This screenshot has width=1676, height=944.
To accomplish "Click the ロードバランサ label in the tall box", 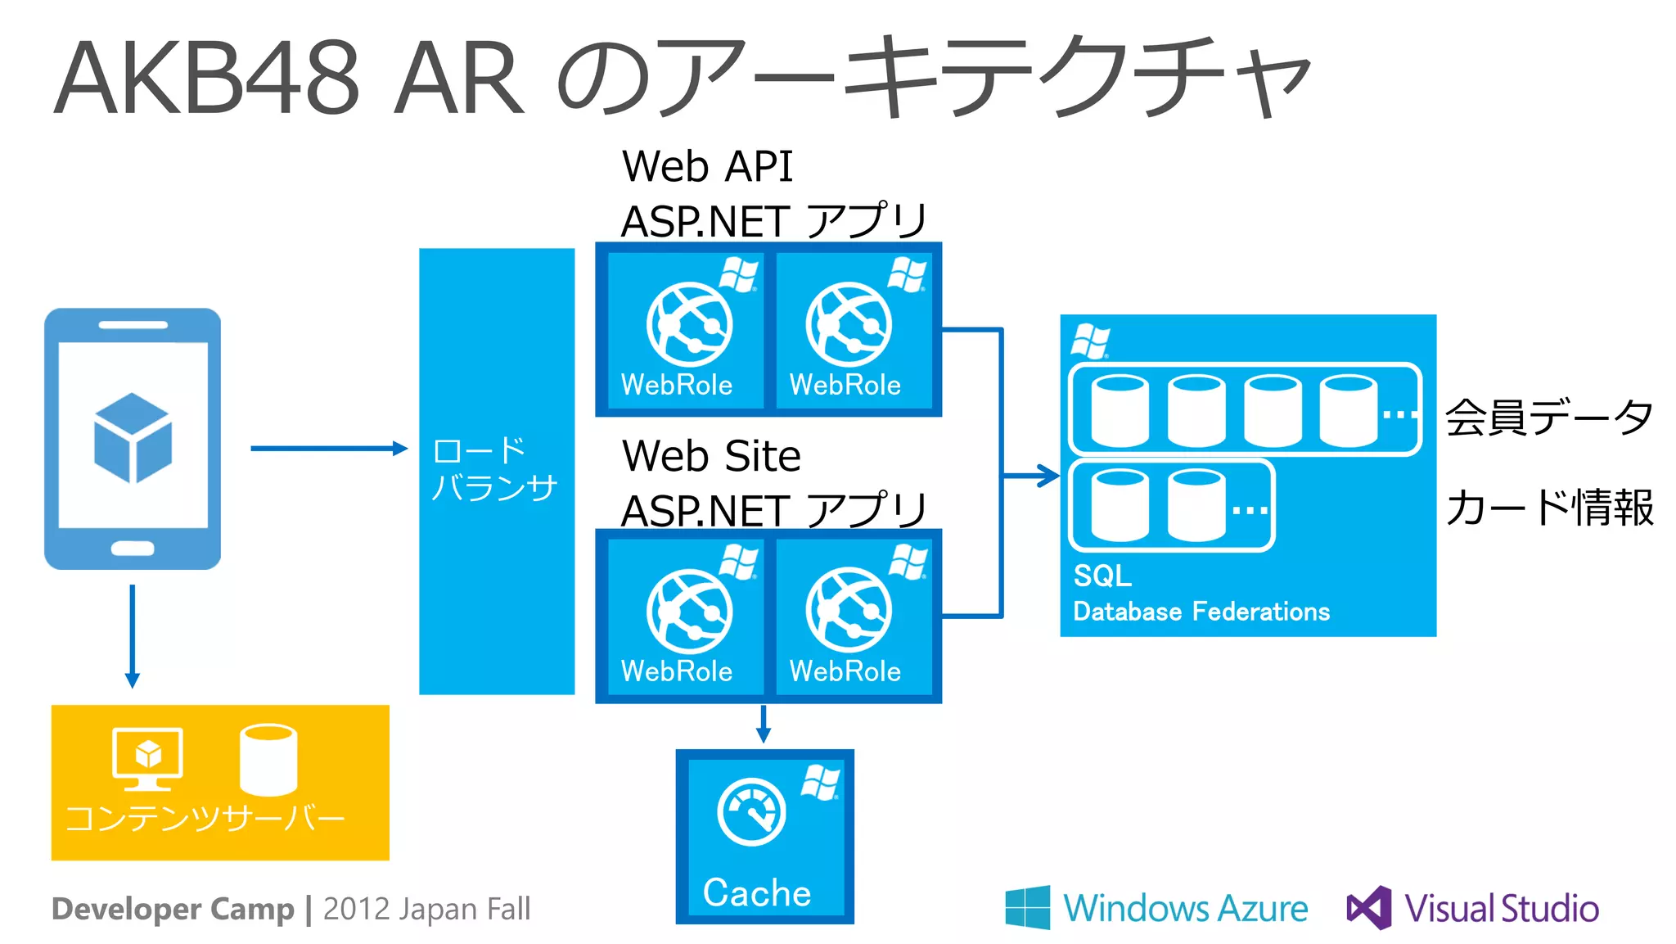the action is point(494,468).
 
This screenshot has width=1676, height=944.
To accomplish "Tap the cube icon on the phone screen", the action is point(133,437).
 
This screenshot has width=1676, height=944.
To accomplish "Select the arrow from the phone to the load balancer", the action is point(327,448).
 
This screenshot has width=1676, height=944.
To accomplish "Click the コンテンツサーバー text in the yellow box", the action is point(205,818).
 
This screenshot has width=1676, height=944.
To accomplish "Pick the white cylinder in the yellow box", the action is point(268,759).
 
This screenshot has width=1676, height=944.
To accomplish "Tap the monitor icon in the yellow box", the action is point(147,758).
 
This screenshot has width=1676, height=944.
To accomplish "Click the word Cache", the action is point(757,892).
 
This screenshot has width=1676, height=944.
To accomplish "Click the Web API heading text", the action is point(707,166).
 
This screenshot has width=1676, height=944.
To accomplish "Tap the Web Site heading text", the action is point(711,456).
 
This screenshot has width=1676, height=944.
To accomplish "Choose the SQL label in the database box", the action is point(1102,576).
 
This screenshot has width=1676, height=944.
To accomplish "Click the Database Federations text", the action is point(1201,612).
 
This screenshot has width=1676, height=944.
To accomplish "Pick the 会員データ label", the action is point(1548,418).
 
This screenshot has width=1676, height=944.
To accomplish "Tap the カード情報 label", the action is point(1548,508).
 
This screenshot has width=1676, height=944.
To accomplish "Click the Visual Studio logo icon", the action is point(1369,907).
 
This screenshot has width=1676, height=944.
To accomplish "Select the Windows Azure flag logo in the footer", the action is point(1028,907).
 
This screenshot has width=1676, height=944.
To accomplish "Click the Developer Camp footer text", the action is point(173,909).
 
